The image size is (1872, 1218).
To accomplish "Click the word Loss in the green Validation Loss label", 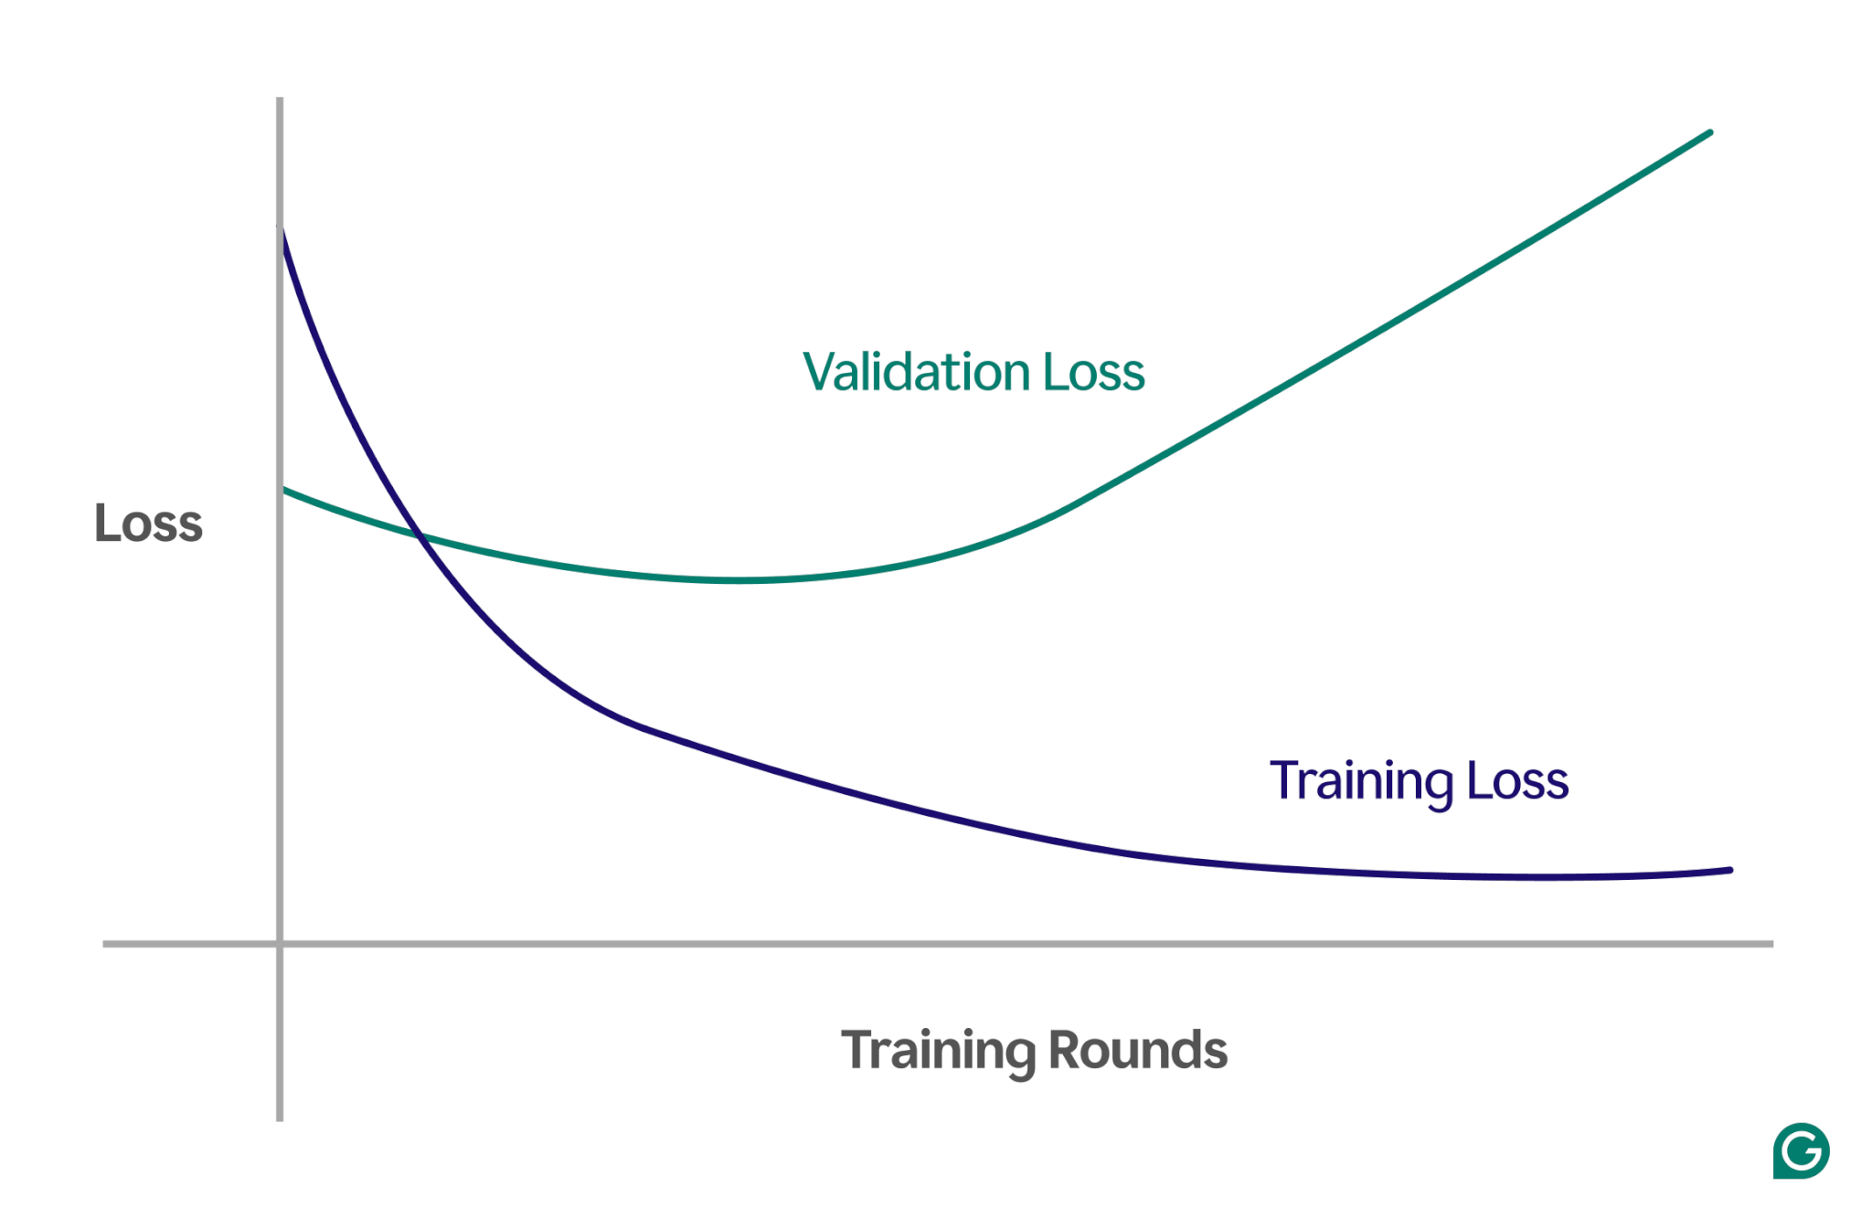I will pos(1093,372).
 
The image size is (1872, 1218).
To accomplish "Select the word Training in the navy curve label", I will pos(1361,781).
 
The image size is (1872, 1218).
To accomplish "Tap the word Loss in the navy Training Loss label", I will pos(1517,781).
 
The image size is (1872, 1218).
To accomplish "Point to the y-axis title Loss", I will pos(148,524).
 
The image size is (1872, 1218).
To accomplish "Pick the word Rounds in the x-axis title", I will pos(1138,1050).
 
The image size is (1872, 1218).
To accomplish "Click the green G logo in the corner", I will pos(1801,1150).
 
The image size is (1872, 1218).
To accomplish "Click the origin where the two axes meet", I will pos(280,943).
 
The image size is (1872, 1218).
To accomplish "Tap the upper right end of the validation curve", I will pos(1709,133).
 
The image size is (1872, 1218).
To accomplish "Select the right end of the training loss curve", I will pos(1729,871).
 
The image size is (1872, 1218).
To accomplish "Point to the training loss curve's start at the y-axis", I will pos(282,230).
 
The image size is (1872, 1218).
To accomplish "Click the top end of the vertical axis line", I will pos(280,100).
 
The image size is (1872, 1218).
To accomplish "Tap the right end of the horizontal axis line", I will pos(1771,943).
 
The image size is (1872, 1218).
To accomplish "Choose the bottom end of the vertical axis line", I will pos(280,1118).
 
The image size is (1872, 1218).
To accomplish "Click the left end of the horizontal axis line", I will pos(105,943).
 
